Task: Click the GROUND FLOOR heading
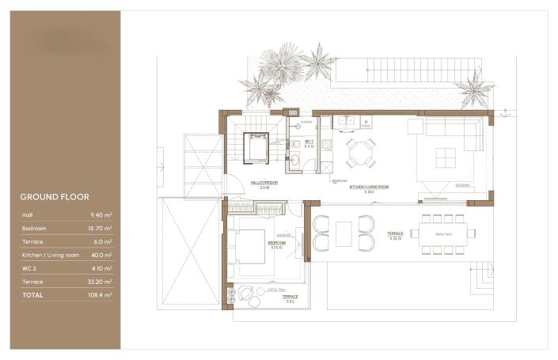[x=54, y=197]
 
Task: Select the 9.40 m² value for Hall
[x=101, y=214]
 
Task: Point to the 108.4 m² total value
[x=100, y=294]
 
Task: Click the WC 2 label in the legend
[x=28, y=268]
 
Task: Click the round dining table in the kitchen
[x=360, y=152]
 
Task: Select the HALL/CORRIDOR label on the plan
[x=265, y=184]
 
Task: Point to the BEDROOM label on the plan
[x=276, y=243]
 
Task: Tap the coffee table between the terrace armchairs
[x=344, y=233]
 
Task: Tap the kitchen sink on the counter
[x=346, y=122]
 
